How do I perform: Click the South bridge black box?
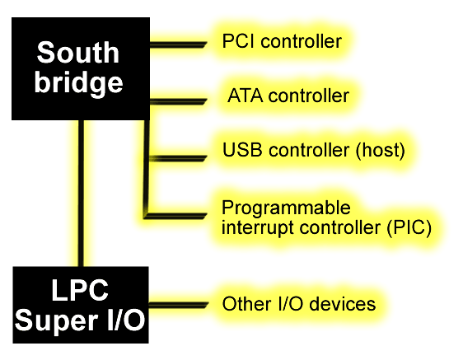coord(81,68)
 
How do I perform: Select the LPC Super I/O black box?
coord(81,305)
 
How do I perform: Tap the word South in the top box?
coord(78,53)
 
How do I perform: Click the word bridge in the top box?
coord(78,84)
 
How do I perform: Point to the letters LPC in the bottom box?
coord(80,290)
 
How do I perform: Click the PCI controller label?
coord(282,41)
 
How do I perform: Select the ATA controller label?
coord(288,96)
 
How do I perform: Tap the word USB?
coord(242,149)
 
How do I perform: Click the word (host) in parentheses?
coord(381,150)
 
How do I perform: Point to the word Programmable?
coord(286,208)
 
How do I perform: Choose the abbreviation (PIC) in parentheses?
coord(409,228)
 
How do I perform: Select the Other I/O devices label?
coord(299,304)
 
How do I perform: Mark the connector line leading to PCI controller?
coord(178,44)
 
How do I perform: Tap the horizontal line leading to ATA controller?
coord(178,101)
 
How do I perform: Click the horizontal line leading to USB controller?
coord(178,159)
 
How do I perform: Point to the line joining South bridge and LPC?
coord(81,194)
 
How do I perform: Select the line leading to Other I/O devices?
coord(179,305)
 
